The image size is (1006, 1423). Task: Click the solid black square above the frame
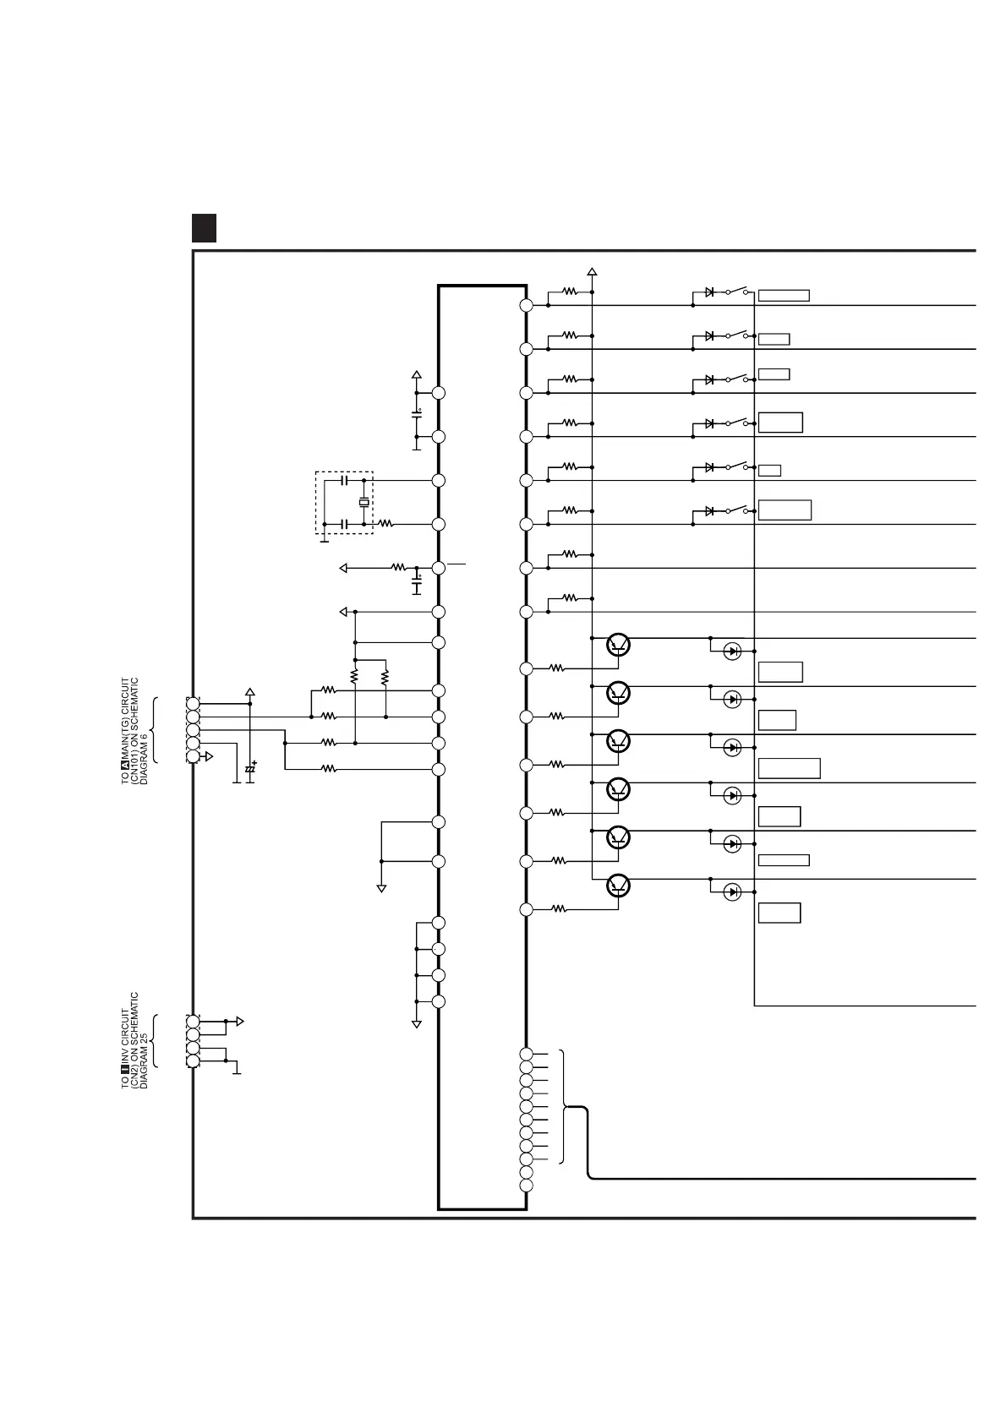click(204, 228)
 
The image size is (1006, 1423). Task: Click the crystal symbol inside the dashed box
click(364, 503)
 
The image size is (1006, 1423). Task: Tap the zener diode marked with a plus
click(250, 768)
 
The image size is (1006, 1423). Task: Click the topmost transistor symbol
click(619, 646)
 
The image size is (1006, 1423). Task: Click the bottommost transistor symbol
click(619, 886)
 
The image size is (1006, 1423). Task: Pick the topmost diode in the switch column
click(709, 292)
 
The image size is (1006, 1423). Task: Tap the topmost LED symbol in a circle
click(733, 652)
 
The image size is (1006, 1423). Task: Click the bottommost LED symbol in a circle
click(733, 891)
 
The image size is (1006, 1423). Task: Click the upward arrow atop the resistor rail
click(592, 272)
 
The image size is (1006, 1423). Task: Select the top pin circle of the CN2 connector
click(193, 1022)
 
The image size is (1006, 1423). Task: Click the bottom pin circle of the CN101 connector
click(193, 756)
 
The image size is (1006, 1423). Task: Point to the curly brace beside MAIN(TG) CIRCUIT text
click(155, 729)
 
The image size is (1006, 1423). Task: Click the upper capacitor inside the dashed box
click(343, 481)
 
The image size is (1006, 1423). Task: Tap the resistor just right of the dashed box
click(385, 524)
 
